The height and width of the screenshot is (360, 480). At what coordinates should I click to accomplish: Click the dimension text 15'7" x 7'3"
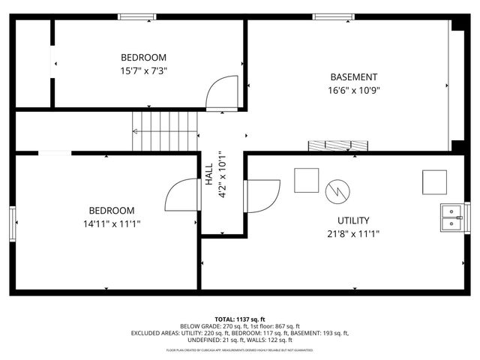(x=144, y=71)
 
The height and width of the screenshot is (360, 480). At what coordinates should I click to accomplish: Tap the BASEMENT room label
(x=354, y=76)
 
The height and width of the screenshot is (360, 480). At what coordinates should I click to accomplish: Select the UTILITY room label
(x=352, y=220)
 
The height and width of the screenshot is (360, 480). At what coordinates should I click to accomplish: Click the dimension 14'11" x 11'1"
(x=112, y=223)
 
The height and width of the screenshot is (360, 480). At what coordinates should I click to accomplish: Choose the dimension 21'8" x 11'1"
(x=352, y=233)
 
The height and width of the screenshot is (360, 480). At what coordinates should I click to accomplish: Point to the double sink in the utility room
(x=451, y=217)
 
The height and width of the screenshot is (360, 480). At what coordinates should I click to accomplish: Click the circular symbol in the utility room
(x=337, y=190)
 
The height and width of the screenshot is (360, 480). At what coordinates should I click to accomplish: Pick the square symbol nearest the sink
(x=434, y=181)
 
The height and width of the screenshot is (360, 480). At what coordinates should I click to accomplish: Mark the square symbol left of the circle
(x=306, y=180)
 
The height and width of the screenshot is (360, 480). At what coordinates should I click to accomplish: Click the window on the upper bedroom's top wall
(x=137, y=16)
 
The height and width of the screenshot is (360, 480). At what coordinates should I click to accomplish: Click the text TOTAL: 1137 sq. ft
(x=240, y=319)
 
